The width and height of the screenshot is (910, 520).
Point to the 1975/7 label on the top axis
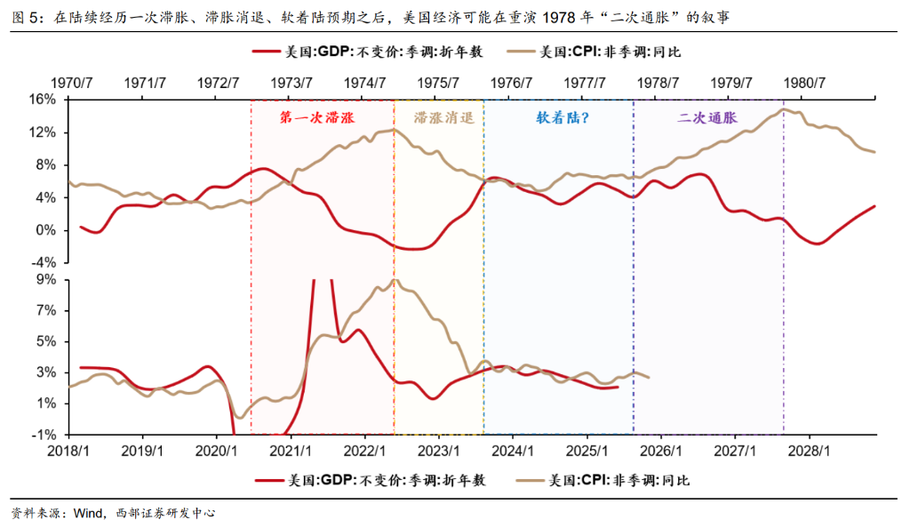tap(438, 83)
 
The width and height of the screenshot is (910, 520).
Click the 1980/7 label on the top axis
tap(805, 83)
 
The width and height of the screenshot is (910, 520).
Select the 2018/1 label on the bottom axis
tap(70, 451)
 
